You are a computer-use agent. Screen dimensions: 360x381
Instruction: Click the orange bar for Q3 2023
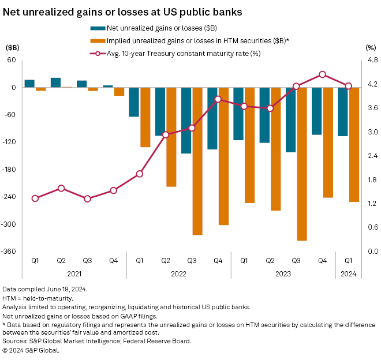coord(302,164)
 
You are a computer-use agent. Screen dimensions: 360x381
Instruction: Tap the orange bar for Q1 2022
coord(145,117)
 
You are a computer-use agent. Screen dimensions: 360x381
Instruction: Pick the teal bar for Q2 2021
coord(55,82)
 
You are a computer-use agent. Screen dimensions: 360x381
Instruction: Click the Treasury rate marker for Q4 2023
coord(322,74)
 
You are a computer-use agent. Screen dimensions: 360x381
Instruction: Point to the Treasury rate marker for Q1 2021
coord(35,198)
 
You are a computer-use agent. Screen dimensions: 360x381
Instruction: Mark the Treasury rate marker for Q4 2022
coord(218,99)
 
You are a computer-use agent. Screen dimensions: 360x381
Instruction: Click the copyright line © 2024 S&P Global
coord(38,350)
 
